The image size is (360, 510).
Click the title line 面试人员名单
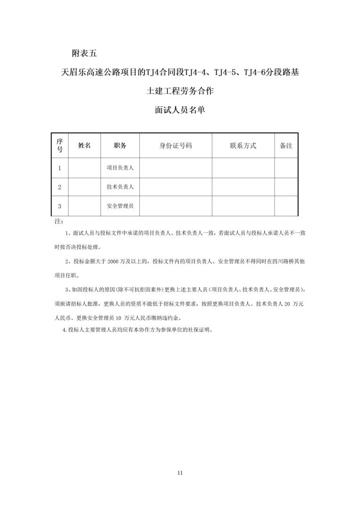pos(180,110)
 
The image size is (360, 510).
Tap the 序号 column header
pos(59,145)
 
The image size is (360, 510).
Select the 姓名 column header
pos(84,145)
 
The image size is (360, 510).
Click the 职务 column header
pos(120,145)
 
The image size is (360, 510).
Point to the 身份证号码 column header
pos(176,145)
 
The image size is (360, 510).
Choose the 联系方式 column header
pos(243,145)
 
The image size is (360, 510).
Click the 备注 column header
pos(286,145)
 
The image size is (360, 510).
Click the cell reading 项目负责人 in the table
pos(120,168)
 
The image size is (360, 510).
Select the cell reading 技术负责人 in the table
pos(120,187)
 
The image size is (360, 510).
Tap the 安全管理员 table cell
pos(120,206)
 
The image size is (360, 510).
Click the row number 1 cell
pos(59,168)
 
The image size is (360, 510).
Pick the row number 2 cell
pos(59,187)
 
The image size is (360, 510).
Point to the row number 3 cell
pos(59,206)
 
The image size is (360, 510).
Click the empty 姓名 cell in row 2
pos(84,187)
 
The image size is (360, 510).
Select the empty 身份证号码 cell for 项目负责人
pos(176,168)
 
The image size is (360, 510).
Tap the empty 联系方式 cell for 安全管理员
pos(243,206)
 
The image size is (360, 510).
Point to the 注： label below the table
pos(59,221)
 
